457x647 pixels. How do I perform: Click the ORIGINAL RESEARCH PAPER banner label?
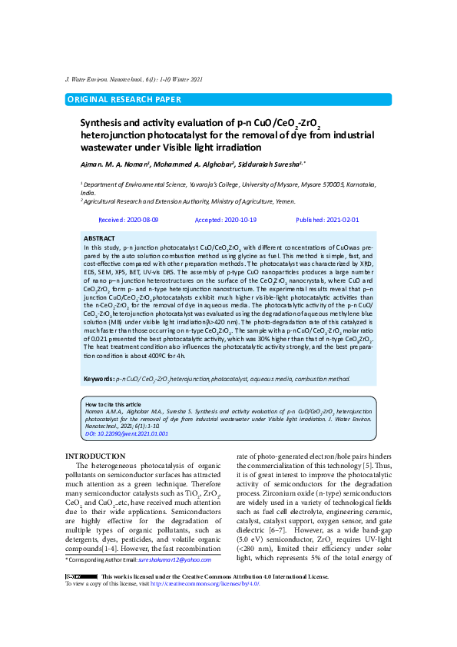pyautogui.click(x=124, y=99)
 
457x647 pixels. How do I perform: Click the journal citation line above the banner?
pyautogui.click(x=134, y=79)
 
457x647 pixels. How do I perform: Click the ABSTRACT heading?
pyautogui.click(x=99, y=239)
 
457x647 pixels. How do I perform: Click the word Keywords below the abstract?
pyautogui.click(x=99, y=380)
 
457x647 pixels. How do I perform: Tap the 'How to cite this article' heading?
pyautogui.click(x=113, y=404)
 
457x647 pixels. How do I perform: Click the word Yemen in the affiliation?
pyautogui.click(x=284, y=201)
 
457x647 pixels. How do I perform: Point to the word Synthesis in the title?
pyautogui.click(x=104, y=122)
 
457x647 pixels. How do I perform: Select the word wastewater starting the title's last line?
pyautogui.click(x=111, y=146)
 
